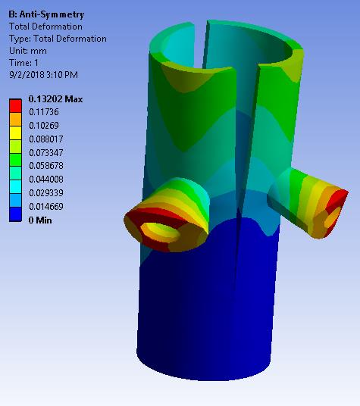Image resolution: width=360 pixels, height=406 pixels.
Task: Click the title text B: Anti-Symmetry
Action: pyautogui.click(x=46, y=14)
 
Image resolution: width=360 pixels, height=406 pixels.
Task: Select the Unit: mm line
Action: pyautogui.click(x=28, y=51)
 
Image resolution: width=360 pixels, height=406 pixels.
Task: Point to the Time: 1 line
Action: pyautogui.click(x=23, y=63)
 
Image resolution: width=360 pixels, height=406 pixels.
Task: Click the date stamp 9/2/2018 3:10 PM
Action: pyautogui.click(x=43, y=75)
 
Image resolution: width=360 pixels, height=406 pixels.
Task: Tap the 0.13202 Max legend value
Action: pyautogui.click(x=55, y=99)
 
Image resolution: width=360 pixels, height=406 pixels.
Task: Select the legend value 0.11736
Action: pyautogui.click(x=44, y=112)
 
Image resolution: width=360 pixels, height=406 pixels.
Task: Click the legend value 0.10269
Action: pyautogui.click(x=44, y=126)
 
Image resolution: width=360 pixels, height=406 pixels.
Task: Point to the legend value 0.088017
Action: pyautogui.click(x=45, y=139)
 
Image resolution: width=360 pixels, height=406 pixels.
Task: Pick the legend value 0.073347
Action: pyautogui.click(x=45, y=153)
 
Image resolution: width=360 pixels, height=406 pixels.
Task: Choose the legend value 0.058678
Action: pyautogui.click(x=45, y=166)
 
